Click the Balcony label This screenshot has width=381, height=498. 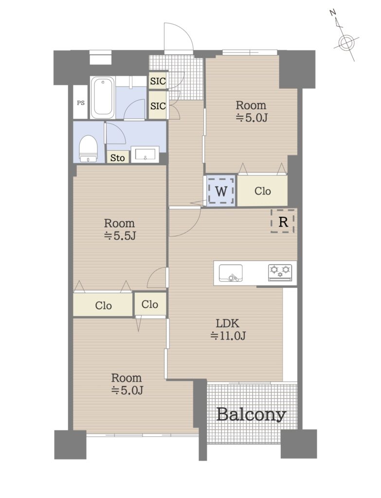click(x=251, y=414)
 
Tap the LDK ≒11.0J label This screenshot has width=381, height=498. click(x=228, y=329)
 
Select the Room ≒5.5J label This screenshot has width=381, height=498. click(x=120, y=230)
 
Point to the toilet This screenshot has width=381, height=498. click(x=88, y=149)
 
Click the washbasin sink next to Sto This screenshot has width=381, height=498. click(x=145, y=155)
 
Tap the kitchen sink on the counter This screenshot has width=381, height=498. click(x=231, y=273)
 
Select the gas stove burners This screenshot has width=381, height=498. click(x=280, y=272)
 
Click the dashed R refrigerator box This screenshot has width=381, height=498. click(x=283, y=221)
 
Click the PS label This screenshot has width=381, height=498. click(x=80, y=103)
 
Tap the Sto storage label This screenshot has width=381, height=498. click(x=117, y=158)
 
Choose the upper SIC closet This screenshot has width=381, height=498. click(x=158, y=81)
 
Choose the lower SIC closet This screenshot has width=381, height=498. click(x=158, y=106)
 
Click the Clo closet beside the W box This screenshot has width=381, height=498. click(x=262, y=191)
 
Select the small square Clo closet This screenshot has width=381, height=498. click(x=150, y=304)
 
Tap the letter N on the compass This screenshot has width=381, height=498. click(x=333, y=13)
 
